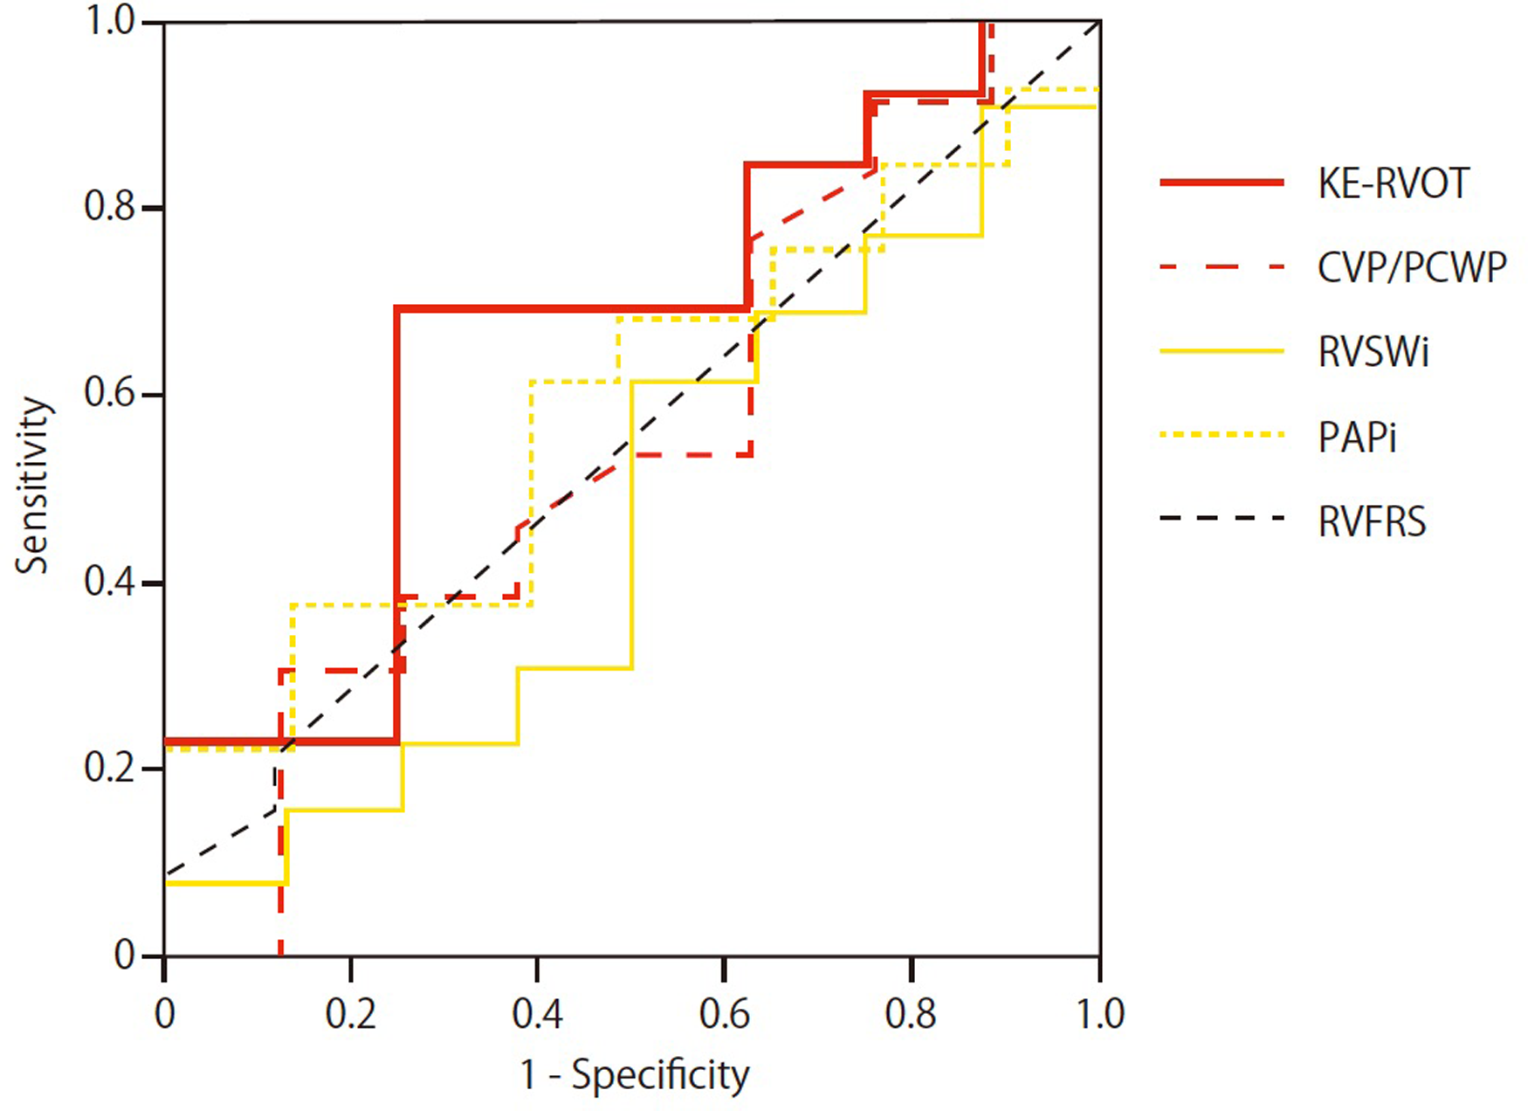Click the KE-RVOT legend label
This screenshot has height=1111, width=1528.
pos(1394,183)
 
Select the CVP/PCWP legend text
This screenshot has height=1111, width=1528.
pos(1412,267)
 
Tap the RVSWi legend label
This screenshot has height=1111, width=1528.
pos(1373,352)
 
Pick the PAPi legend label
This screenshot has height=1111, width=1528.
pos(1357,437)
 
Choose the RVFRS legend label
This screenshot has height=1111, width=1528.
pos(1372,521)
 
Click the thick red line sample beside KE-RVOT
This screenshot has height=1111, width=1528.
pos(1222,183)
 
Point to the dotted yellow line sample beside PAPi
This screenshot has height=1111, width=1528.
pos(1222,434)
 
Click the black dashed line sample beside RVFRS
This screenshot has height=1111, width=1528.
pos(1222,518)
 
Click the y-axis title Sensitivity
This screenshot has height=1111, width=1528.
pos(33,486)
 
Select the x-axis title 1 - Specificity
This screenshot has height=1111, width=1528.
pos(635,1075)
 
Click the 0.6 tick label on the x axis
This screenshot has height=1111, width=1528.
pos(724,1014)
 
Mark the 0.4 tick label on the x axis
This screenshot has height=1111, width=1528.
pos(537,1014)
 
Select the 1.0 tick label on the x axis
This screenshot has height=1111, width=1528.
pos(1099,1014)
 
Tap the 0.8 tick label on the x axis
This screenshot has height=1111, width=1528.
pos(911,1014)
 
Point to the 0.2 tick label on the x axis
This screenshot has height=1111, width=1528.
pos(350,1014)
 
